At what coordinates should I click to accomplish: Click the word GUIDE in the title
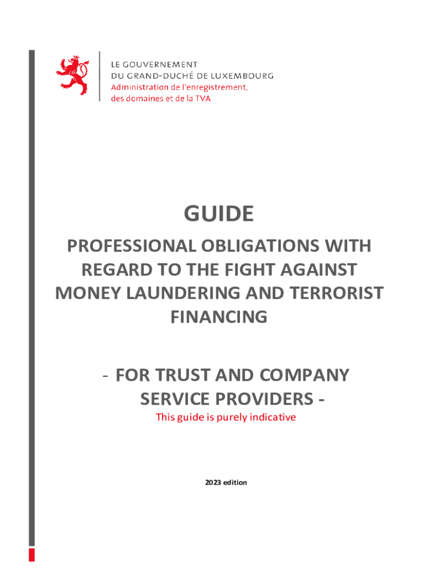(x=218, y=214)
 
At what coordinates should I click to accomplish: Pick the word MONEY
(x=86, y=293)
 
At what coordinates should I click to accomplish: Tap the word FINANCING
(x=219, y=316)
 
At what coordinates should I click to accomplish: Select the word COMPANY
(x=305, y=375)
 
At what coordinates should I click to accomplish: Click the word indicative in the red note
(x=271, y=417)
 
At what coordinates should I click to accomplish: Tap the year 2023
(x=213, y=482)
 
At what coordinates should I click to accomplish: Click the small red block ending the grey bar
(x=32, y=555)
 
